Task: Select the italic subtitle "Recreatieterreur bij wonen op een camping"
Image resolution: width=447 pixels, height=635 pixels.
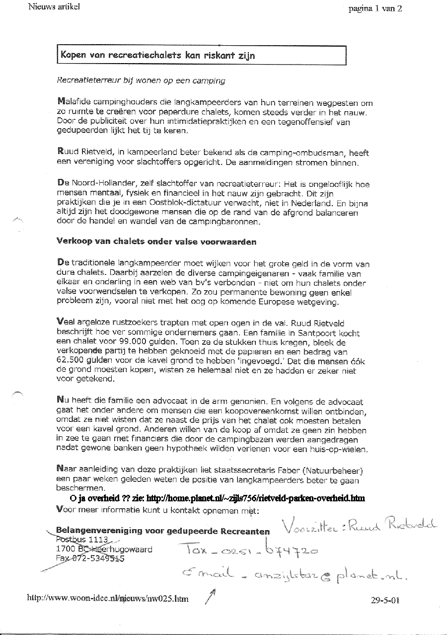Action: (x=140, y=80)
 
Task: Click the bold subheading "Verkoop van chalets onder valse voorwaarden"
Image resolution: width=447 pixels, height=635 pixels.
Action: (x=157, y=242)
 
